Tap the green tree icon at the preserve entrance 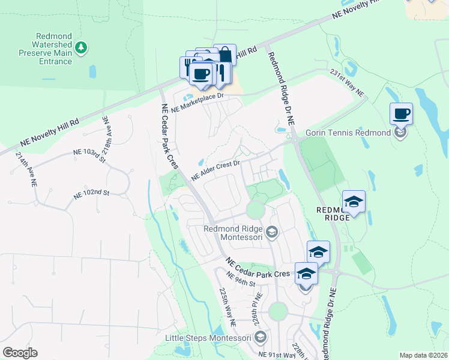(81, 47)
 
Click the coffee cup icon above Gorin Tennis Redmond (401, 113)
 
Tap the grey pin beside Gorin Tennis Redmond (400, 133)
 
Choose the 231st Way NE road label (347, 82)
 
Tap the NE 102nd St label (91, 194)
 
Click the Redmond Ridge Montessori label (234, 232)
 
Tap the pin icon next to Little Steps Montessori (260, 338)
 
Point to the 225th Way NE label (228, 307)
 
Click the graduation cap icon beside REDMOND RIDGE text (354, 202)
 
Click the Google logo (20, 353)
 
